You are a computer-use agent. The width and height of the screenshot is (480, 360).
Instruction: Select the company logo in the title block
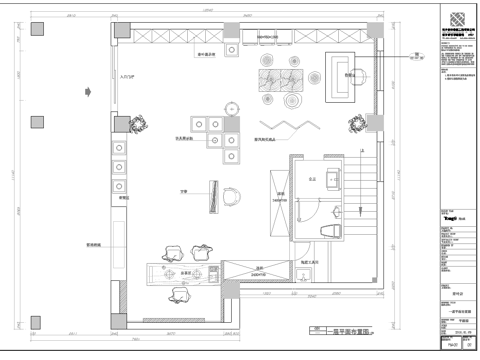(455, 21)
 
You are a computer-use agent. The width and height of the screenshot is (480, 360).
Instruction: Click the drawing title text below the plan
(338, 327)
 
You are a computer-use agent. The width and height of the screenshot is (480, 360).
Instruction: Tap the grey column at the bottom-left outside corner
(36, 313)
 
